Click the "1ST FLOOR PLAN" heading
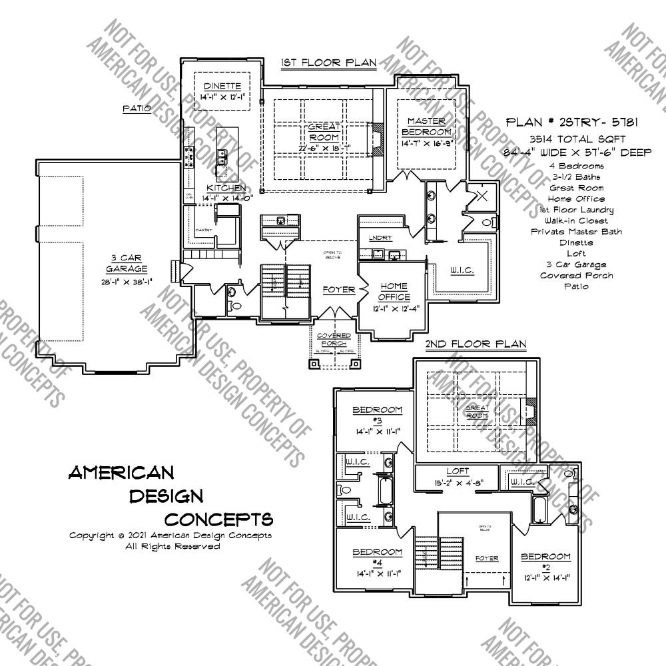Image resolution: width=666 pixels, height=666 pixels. [328, 63]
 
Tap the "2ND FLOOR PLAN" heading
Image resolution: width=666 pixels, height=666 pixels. [476, 344]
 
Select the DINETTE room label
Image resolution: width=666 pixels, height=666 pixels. [222, 87]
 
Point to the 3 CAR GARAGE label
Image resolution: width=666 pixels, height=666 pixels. [125, 263]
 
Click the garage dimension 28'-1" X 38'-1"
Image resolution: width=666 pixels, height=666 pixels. [125, 281]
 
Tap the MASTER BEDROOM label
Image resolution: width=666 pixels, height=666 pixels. [426, 126]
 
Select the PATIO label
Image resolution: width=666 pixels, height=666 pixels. [137, 108]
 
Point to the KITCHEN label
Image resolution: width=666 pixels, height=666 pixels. [226, 188]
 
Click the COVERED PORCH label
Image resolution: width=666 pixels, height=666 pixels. [334, 339]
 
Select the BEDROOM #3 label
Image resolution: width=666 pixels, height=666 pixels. [377, 415]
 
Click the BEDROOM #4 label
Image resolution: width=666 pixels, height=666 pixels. [377, 557]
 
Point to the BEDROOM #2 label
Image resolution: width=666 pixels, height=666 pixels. [545, 561]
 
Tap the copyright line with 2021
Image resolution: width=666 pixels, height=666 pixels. [170, 535]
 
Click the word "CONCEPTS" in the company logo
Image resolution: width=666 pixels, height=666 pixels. [218, 519]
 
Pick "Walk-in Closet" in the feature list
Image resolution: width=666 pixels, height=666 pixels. [577, 220]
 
